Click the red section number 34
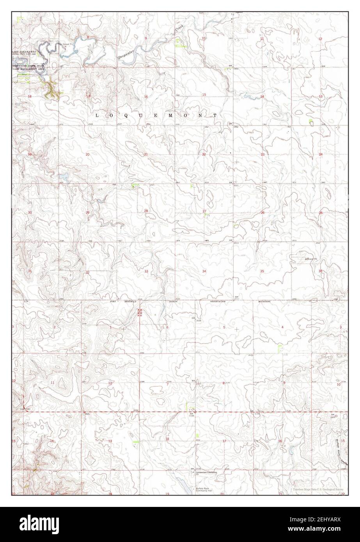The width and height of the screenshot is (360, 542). (x=204, y=271)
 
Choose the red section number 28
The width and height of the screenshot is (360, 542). (x=146, y=211)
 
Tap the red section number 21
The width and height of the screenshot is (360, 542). (x=146, y=155)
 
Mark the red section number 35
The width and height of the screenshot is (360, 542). (x=262, y=271)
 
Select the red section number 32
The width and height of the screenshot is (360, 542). (x=88, y=272)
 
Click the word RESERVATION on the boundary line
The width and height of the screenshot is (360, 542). (x=221, y=302)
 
